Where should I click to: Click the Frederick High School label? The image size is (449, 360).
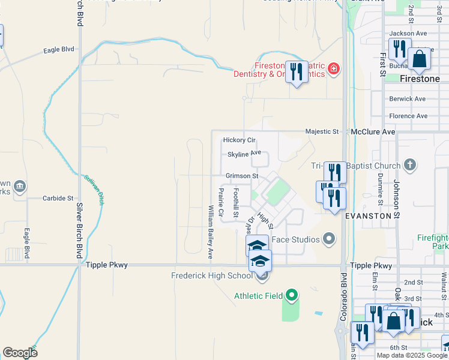[211, 276]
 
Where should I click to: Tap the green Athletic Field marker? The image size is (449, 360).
[292, 295]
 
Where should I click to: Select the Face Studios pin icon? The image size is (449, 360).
[328, 239]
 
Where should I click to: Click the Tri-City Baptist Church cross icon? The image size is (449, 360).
[410, 165]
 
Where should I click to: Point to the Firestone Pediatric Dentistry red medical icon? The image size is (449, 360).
[334, 71]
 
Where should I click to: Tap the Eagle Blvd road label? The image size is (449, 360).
[58, 50]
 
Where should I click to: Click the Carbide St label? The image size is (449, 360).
[58, 197]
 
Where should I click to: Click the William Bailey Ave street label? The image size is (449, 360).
[211, 232]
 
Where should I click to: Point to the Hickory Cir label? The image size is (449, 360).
[240, 140]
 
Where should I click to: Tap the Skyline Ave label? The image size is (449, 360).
[244, 154]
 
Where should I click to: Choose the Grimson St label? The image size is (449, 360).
[241, 176]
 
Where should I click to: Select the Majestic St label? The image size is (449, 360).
[322, 131]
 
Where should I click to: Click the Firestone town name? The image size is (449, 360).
[420, 79]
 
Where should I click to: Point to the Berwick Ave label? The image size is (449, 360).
[407, 98]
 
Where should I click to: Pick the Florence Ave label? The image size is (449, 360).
[408, 116]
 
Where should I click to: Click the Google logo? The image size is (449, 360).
[20, 353]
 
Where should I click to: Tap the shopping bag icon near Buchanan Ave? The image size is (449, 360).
[419, 60]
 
